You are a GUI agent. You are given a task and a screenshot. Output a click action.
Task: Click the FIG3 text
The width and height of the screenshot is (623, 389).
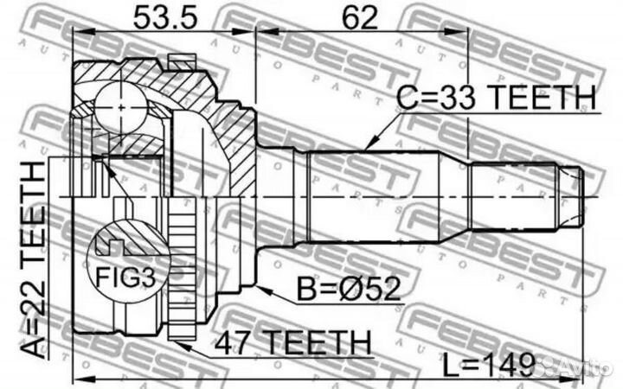(x=122, y=277)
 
